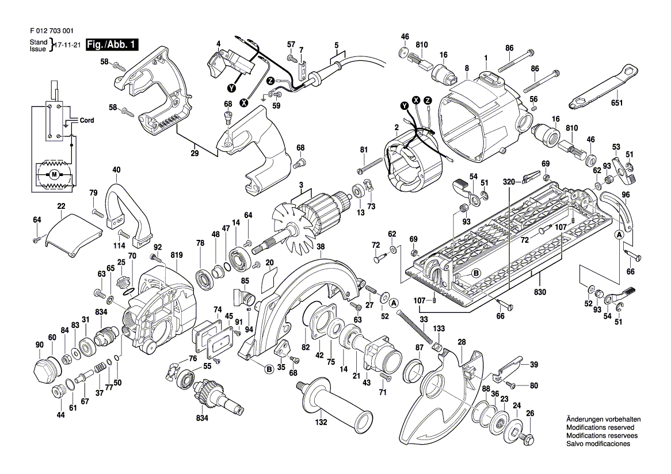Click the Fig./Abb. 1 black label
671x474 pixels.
point(112,44)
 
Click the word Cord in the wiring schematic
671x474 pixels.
point(87,121)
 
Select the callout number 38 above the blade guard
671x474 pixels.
point(321,246)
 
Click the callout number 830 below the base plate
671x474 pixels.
point(539,292)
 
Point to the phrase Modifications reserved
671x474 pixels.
point(600,428)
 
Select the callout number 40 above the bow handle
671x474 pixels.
point(116,170)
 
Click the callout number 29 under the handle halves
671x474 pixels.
point(195,154)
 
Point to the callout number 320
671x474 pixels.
point(508,182)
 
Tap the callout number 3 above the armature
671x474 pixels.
point(300,185)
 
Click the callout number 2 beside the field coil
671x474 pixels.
point(396,127)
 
